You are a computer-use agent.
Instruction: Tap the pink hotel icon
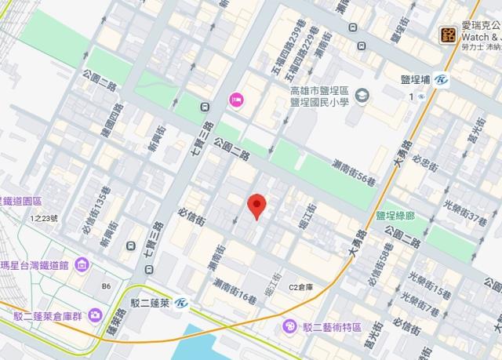235,99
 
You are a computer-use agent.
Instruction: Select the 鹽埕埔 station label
424,79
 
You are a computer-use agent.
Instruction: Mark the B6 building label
105,286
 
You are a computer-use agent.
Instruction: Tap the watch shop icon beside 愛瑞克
448,34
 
